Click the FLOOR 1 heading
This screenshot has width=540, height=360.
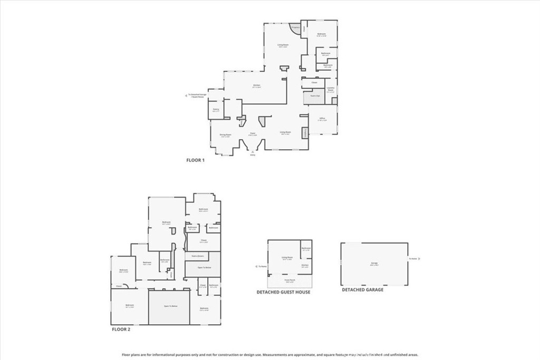coord(195,160)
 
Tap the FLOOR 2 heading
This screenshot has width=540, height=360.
coord(120,329)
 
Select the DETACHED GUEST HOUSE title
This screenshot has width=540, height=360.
coord(283,292)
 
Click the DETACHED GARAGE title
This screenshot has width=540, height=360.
coord(362,290)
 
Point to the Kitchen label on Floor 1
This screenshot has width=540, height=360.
coord(257,86)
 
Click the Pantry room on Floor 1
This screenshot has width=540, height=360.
coord(216,110)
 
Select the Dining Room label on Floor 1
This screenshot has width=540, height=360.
coord(226,135)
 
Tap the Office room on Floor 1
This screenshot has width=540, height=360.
coord(322,120)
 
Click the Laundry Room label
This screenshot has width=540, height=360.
coord(330,90)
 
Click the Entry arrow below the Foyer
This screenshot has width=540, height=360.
coord(252,152)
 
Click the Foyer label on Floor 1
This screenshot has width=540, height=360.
coord(253,134)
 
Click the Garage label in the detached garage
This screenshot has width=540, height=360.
coord(374,264)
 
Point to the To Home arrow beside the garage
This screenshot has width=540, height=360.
coord(413,259)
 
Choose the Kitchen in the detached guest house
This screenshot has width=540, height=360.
coord(305,266)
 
